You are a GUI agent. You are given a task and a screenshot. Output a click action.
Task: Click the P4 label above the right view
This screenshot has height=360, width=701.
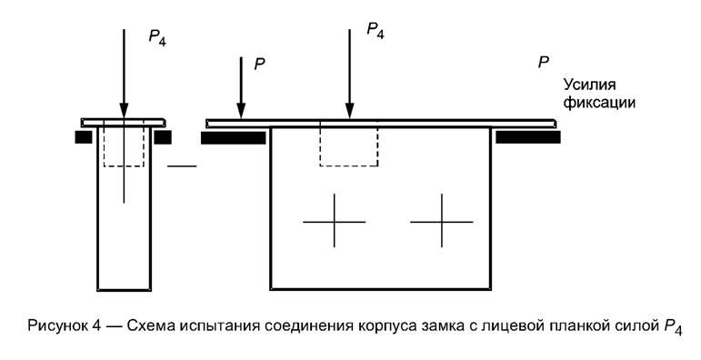click(376, 31)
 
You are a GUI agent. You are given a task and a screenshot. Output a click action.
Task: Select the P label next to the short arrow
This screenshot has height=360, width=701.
click(259, 66)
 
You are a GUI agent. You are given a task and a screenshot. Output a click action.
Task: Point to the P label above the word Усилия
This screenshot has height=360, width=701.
click(543, 62)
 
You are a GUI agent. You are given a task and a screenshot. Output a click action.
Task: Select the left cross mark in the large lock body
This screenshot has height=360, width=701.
click(334, 221)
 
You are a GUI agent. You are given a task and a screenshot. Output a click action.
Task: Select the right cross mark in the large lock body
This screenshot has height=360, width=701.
click(441, 221)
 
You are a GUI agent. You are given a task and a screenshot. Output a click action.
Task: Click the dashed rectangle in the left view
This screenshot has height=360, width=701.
click(124, 145)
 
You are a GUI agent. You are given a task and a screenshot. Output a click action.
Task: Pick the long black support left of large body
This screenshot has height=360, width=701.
click(233, 138)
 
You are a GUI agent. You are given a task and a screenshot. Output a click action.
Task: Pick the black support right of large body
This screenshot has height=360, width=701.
click(527, 137)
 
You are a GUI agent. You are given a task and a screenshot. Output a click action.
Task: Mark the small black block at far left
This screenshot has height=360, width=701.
click(84, 137)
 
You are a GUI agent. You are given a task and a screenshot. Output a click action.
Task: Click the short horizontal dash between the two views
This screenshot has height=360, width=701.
click(182, 166)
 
